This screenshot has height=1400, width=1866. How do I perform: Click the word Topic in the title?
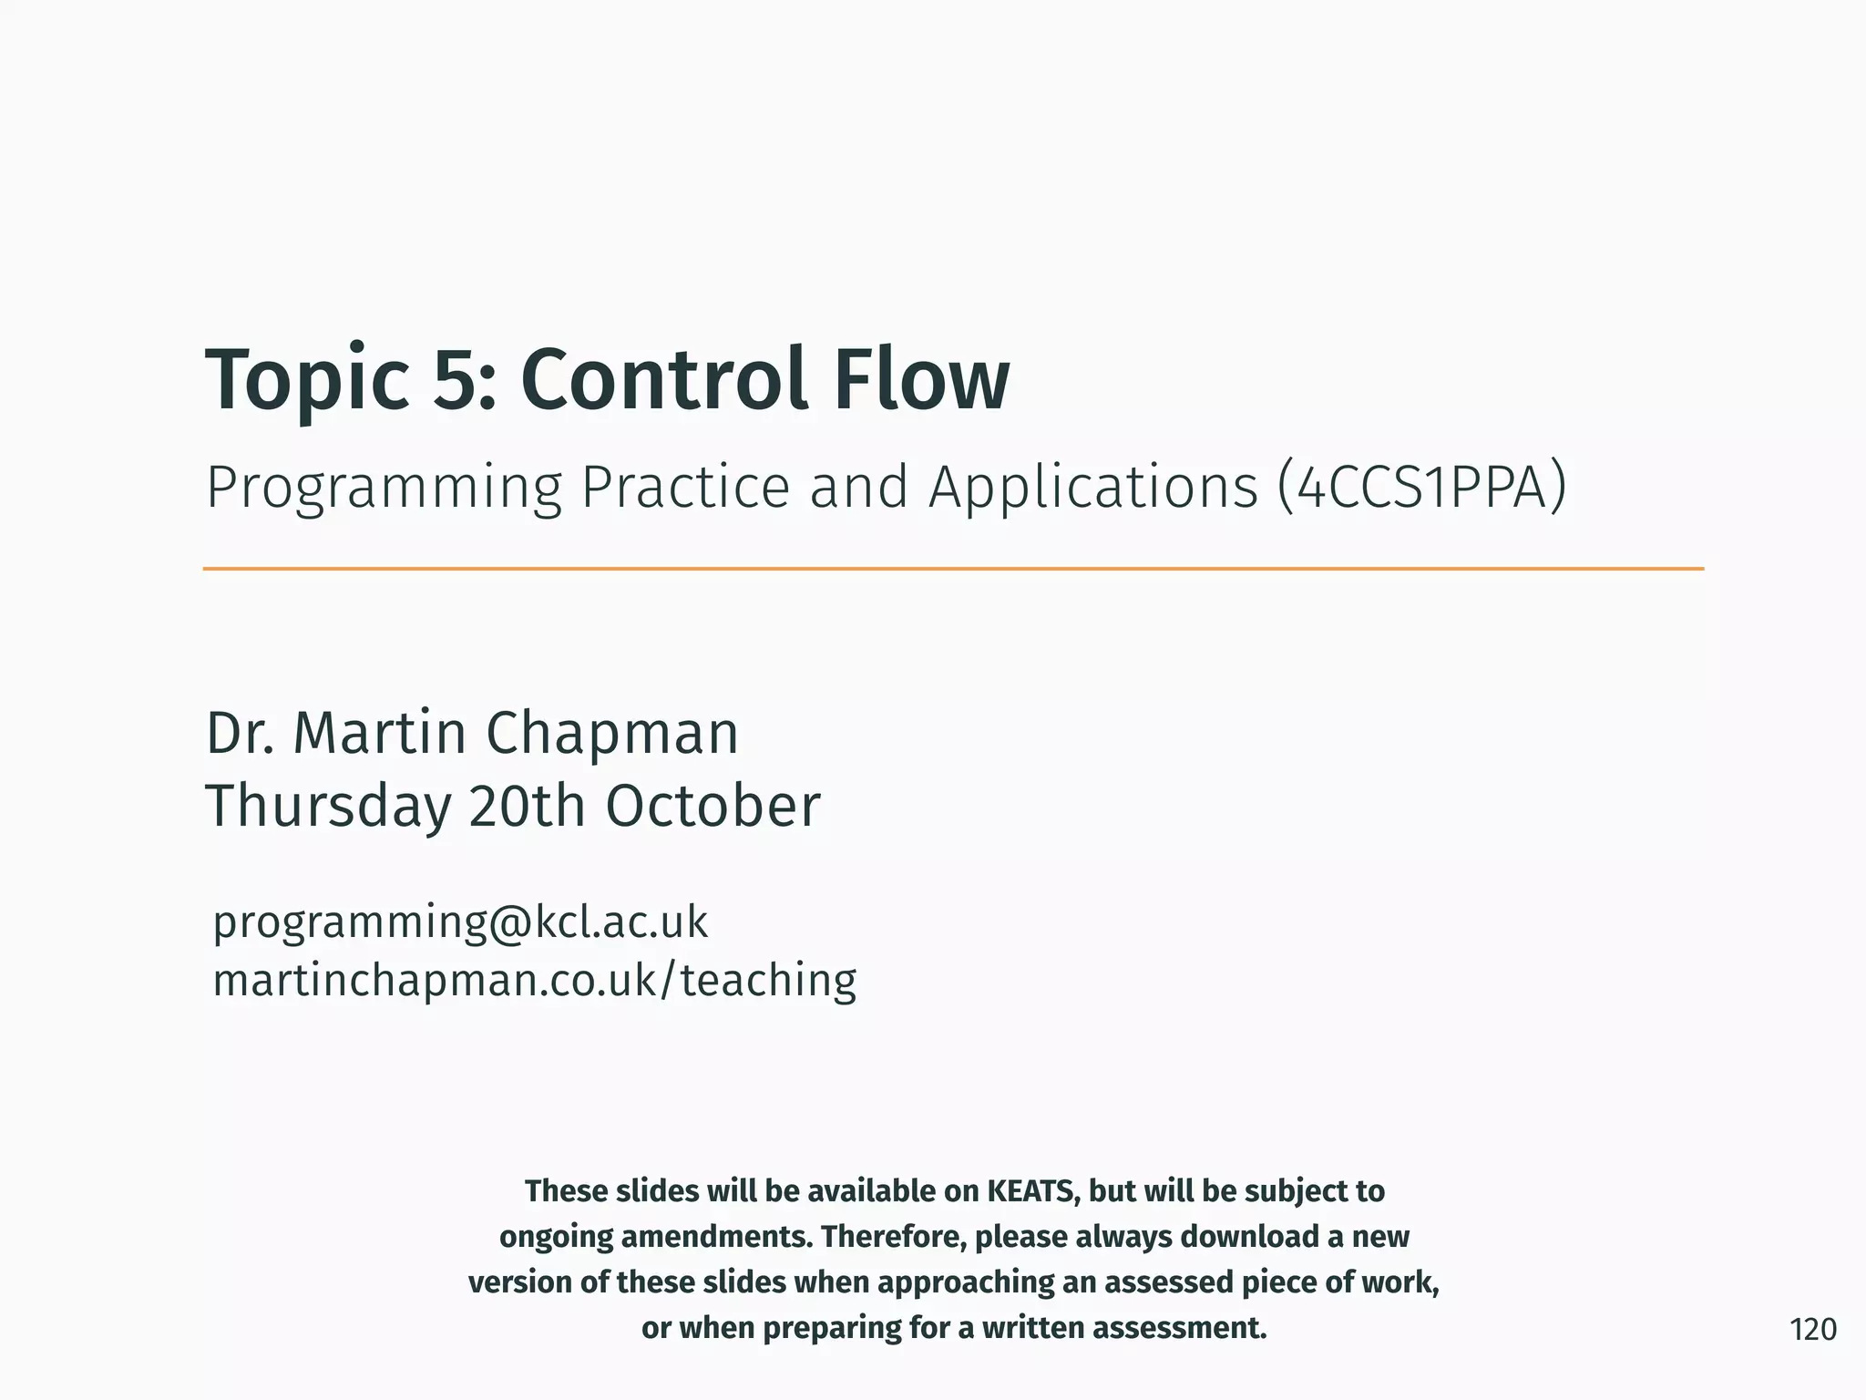[307, 381]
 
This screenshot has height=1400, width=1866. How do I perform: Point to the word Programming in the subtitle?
[384, 489]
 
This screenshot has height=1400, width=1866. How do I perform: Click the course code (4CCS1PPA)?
[1421, 488]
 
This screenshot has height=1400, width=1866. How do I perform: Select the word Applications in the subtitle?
[1093, 489]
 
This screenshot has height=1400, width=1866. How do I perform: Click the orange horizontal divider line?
[952, 569]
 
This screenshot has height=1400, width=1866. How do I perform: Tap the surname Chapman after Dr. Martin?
[611, 733]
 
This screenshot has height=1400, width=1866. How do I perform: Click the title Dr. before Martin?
[240, 733]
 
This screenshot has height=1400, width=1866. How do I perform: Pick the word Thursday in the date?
[328, 808]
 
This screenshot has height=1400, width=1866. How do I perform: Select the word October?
[713, 806]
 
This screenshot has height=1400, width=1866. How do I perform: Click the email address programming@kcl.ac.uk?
[460, 922]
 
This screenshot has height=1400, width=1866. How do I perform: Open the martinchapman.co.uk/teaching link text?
[534, 981]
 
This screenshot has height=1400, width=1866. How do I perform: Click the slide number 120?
[1812, 1330]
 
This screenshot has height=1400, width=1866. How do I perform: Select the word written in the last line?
[1032, 1328]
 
